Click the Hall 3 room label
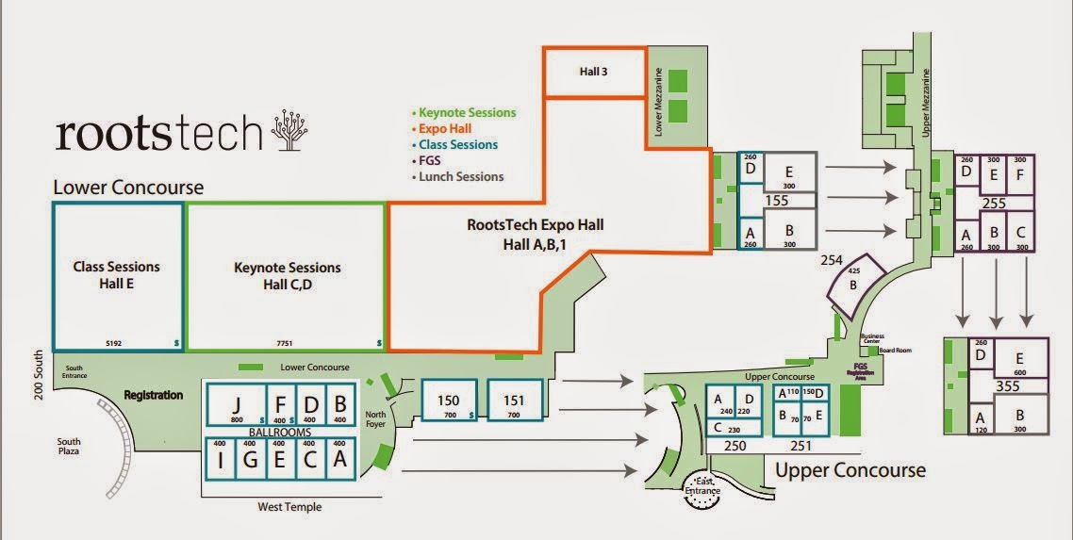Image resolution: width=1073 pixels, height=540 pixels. point(591,72)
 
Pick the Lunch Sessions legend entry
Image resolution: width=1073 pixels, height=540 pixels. point(461,176)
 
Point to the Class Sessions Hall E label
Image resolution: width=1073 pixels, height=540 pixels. point(117,274)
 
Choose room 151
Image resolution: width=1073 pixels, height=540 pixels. point(514,401)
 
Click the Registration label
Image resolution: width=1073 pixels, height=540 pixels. point(153,395)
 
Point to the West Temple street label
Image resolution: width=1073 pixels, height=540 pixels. point(289,507)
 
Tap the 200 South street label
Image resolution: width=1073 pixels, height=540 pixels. point(39,376)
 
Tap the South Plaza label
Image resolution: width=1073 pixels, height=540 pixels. point(68,447)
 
